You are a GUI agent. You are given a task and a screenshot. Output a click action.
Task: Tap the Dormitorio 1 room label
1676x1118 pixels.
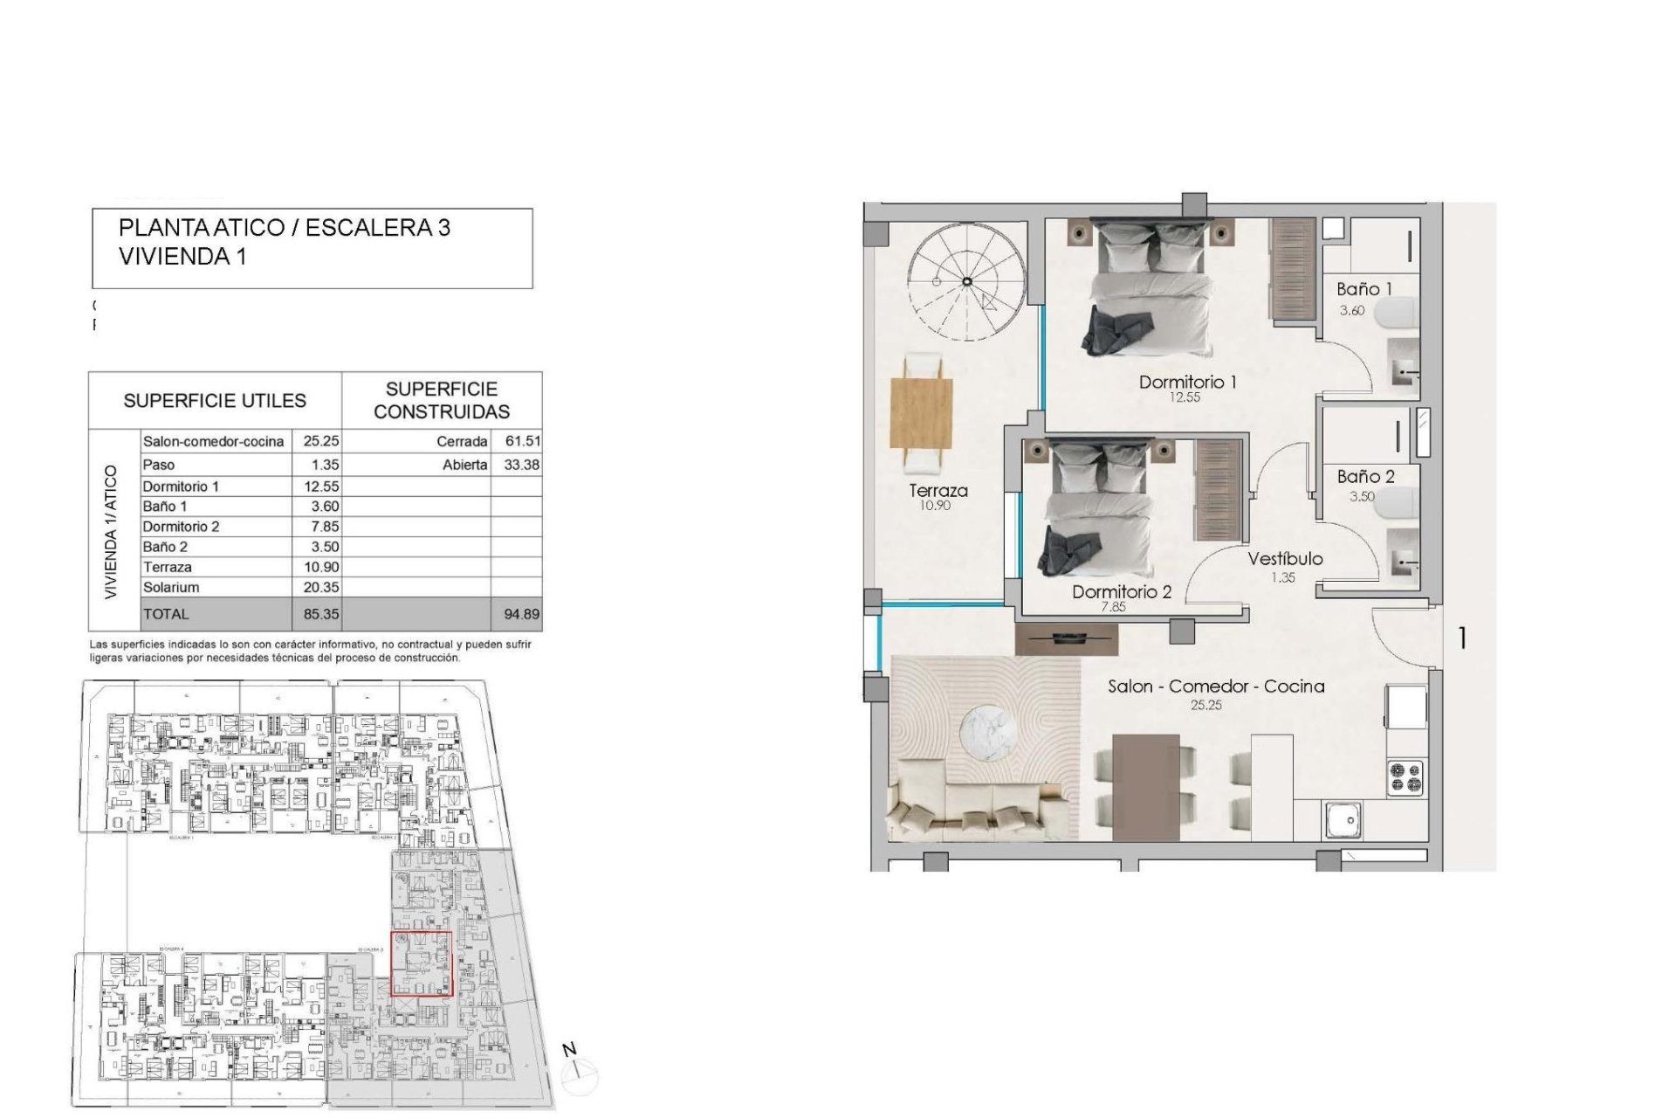point(1187,382)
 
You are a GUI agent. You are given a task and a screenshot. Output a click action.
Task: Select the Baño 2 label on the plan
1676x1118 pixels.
point(1365,476)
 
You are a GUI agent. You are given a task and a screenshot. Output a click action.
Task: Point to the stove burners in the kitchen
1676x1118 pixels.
point(1405,776)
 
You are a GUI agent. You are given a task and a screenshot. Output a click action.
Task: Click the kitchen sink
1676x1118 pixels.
point(1343,819)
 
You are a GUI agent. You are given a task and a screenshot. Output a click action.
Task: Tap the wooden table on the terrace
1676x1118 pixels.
point(922,412)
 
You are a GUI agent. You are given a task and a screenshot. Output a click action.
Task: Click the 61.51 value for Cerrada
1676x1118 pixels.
point(522,441)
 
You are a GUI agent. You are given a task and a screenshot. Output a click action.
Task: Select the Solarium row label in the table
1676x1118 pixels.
point(171,587)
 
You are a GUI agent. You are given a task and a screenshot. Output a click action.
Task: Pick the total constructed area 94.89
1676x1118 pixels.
point(521,614)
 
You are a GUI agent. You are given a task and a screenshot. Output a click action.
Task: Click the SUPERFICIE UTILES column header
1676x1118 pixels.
point(215,401)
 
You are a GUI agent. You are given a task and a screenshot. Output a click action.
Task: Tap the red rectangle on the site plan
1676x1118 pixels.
point(421,963)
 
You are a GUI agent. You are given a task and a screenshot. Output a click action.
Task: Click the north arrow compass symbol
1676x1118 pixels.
point(578,1073)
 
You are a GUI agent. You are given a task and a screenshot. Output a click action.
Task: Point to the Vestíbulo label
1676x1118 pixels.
point(1284,558)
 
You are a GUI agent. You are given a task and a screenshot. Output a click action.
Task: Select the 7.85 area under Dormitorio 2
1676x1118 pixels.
point(1113,607)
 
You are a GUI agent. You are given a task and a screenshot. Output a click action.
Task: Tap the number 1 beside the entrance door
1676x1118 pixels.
point(1462,638)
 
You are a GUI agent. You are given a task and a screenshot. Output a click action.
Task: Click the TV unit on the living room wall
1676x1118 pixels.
point(1067,638)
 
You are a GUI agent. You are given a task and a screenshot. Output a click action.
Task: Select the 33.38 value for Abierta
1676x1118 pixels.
point(521,465)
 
